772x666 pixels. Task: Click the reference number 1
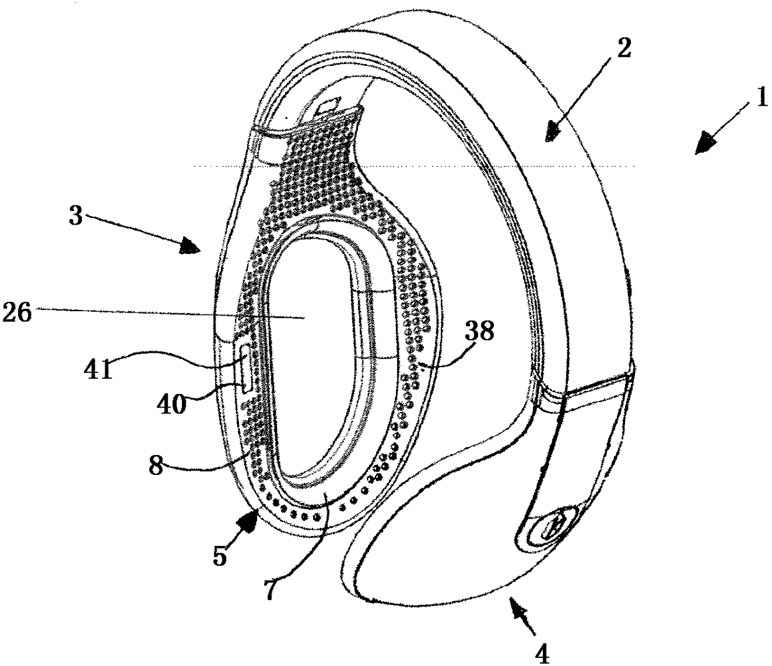tap(761, 99)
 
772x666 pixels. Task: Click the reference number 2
tap(623, 48)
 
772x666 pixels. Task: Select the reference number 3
tap(76, 218)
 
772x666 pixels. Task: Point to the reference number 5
tap(219, 556)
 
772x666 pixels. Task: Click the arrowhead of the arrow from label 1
tap(704, 141)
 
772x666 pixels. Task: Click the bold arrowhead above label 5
tap(255, 520)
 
